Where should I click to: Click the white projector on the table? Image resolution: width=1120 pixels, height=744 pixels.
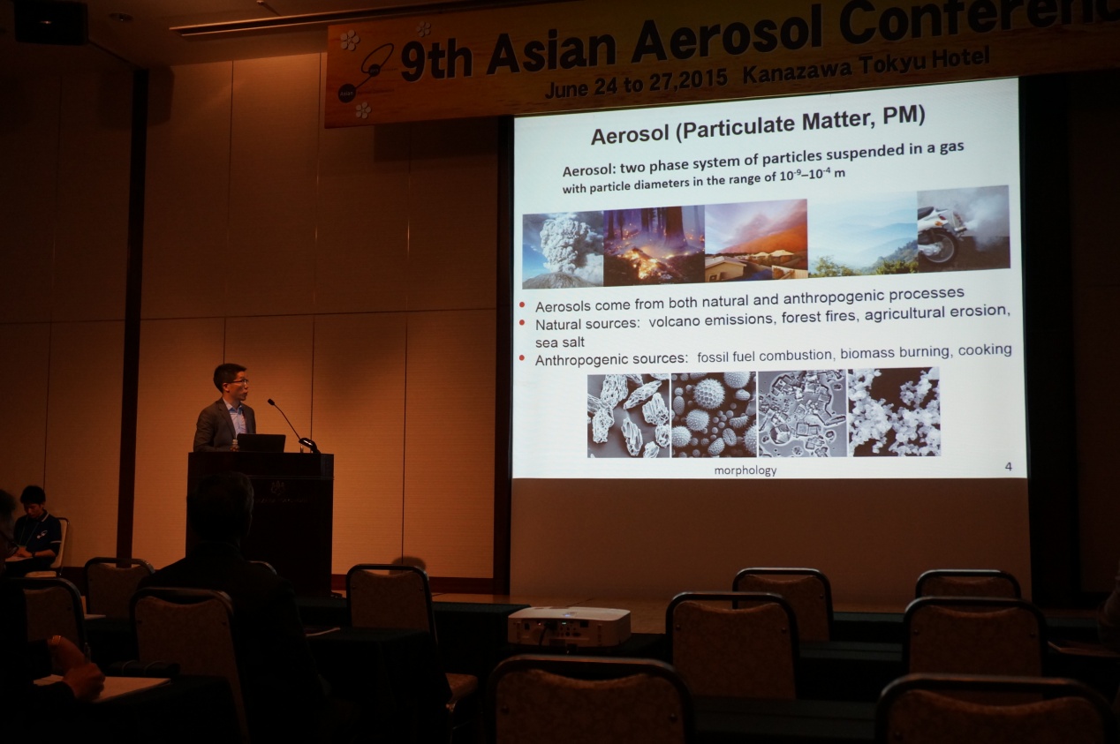[569, 626]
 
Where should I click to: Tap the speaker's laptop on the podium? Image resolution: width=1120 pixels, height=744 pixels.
[261, 443]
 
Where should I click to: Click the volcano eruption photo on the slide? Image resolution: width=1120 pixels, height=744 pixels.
[563, 250]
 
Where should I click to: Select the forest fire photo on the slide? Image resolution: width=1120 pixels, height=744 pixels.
[654, 245]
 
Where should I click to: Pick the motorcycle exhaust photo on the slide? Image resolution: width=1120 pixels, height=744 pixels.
[963, 229]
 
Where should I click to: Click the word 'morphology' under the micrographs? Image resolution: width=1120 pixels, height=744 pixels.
[745, 470]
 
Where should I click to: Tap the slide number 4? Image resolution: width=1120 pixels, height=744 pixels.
[1009, 467]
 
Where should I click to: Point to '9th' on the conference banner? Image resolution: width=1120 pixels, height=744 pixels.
[436, 61]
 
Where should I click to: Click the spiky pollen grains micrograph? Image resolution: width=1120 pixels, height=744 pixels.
[714, 415]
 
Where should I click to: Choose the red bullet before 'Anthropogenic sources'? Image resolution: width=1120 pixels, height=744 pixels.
[523, 357]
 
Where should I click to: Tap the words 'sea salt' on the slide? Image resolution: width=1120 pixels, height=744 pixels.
[559, 342]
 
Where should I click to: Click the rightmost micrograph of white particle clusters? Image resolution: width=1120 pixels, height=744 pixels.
[894, 412]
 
